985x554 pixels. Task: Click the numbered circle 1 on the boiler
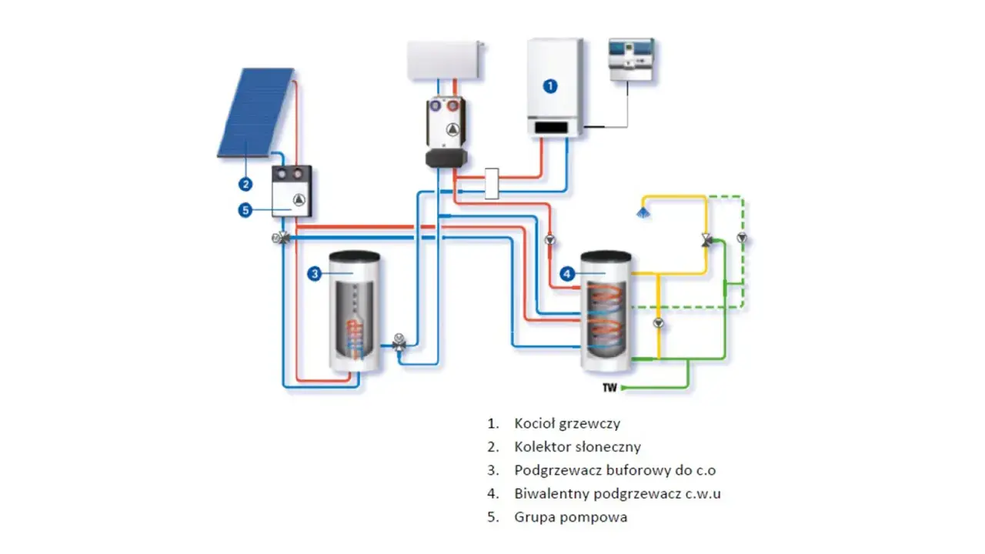point(550,86)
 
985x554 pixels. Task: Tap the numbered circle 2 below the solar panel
point(245,184)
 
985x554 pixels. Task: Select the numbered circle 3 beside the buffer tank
point(315,274)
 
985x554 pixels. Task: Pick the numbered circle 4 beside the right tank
point(567,274)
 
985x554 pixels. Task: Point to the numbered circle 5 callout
point(245,210)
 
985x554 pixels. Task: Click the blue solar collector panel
point(256,112)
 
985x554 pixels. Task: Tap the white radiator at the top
point(445,60)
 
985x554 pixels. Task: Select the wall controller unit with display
point(631,60)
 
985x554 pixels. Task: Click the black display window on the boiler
point(551,128)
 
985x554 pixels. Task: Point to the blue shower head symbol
point(643,213)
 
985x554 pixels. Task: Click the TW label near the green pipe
point(609,388)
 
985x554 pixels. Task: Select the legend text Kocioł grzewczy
point(567,423)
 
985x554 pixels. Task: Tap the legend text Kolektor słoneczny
point(577,447)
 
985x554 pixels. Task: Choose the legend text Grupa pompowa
point(571,517)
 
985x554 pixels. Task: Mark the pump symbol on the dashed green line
point(742,238)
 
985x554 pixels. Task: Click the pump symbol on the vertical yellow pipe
point(658,323)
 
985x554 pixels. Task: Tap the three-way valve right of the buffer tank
point(399,342)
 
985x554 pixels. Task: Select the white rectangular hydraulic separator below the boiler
point(492,183)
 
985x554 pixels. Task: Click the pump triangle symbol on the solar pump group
point(299,201)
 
